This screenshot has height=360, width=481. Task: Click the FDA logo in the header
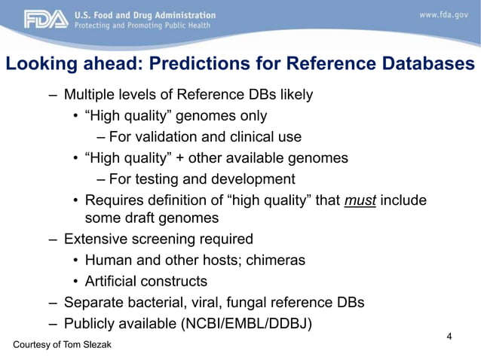[x=46, y=20]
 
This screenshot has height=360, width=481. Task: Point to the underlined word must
[x=360, y=200]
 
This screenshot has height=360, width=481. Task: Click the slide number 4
[x=449, y=336]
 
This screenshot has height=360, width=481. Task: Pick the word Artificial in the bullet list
[x=114, y=281]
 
